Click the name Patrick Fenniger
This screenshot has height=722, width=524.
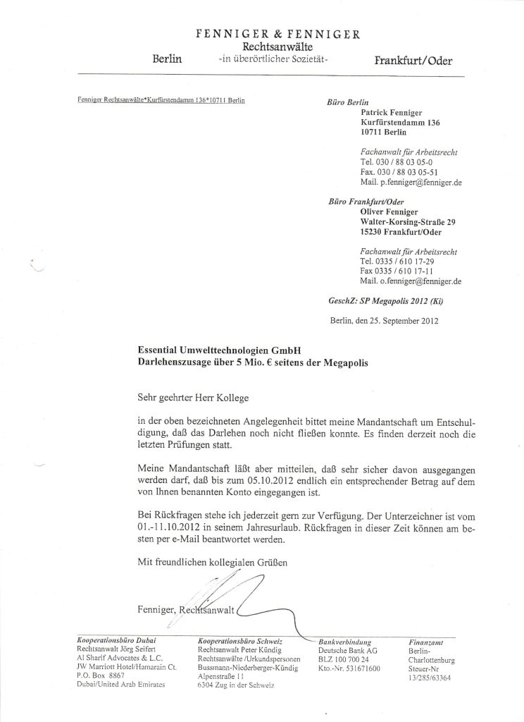click(394, 111)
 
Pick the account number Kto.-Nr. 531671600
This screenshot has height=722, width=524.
click(349, 668)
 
